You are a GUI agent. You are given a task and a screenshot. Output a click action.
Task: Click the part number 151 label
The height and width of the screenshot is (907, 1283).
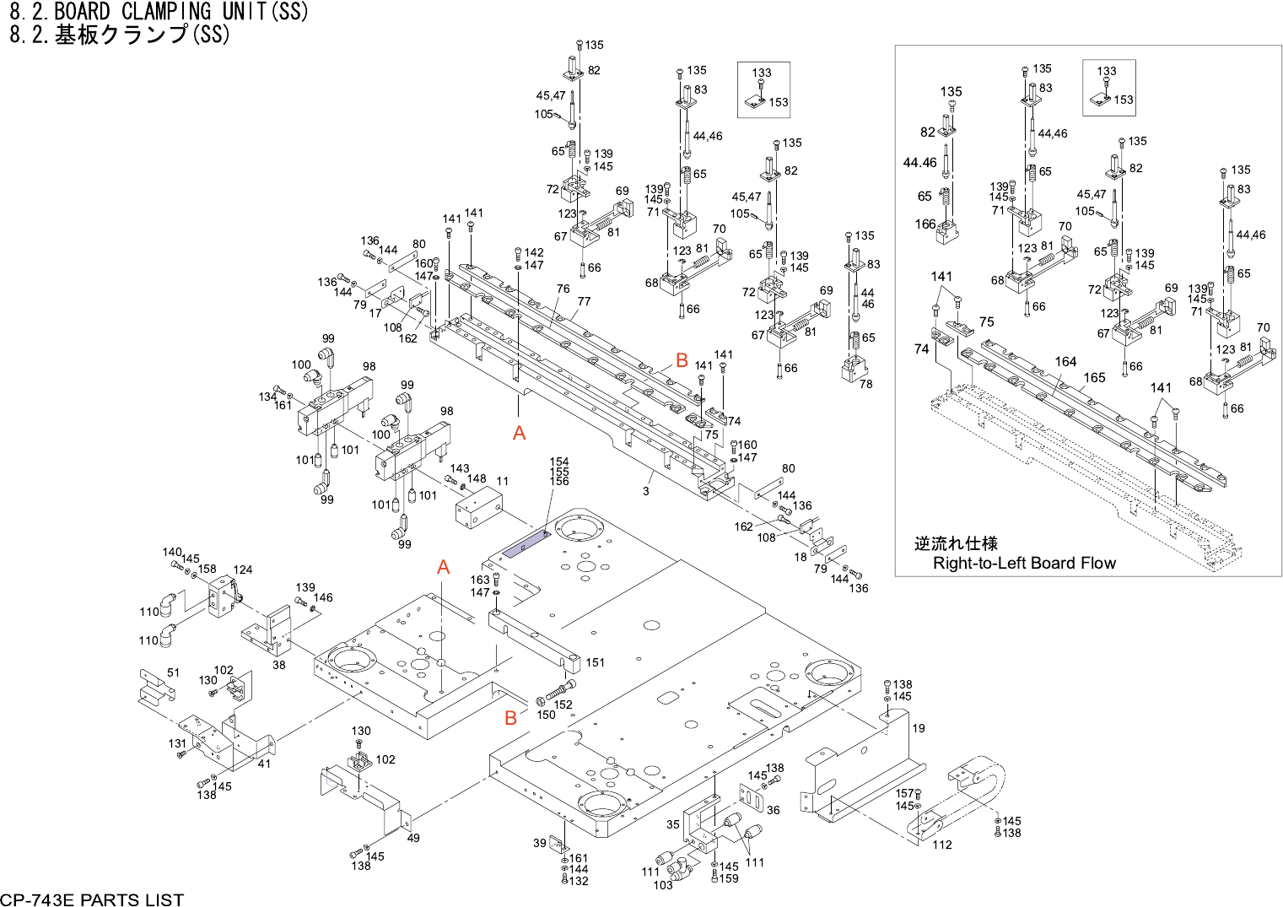(596, 662)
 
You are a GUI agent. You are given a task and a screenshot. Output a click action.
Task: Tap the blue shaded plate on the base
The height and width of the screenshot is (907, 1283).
(526, 545)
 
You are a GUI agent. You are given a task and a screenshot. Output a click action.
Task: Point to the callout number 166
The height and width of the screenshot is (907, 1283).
(925, 224)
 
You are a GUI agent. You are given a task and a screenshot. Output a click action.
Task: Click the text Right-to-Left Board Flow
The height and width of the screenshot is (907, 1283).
(1024, 563)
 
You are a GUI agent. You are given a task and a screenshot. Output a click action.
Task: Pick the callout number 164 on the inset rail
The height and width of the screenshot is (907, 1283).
(1065, 361)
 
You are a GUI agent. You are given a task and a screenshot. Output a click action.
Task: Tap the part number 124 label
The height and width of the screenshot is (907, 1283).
(243, 570)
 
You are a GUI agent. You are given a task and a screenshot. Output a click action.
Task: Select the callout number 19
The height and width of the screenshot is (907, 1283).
(919, 728)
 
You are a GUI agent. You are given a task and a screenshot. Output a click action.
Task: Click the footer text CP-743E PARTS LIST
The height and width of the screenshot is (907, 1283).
(92, 899)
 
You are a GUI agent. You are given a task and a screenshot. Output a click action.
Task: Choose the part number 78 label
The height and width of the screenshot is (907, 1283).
(866, 384)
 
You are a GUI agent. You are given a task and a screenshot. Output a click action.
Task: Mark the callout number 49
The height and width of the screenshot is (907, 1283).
(413, 838)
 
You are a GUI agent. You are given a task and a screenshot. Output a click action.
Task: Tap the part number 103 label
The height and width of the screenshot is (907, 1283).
(663, 885)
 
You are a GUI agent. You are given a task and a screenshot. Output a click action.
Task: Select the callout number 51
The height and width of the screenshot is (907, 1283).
(174, 672)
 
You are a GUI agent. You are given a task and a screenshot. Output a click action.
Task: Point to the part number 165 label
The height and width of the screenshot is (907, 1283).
(1095, 377)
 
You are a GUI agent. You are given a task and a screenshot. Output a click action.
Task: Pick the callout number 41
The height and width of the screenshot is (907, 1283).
(264, 764)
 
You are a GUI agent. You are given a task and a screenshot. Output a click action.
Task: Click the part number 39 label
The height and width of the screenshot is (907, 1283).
(540, 843)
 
